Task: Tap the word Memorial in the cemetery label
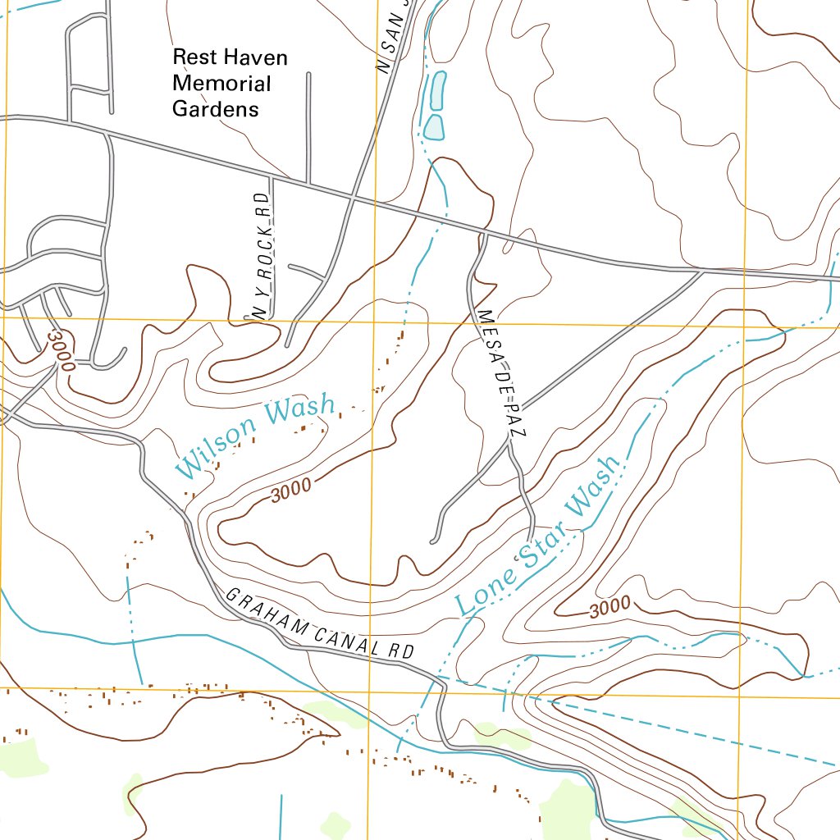pyautogui.click(x=221, y=83)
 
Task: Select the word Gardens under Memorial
pyautogui.click(x=215, y=108)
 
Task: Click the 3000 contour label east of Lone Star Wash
pyautogui.click(x=609, y=608)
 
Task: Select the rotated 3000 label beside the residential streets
pyautogui.click(x=61, y=349)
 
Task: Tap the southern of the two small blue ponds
pyautogui.click(x=433, y=127)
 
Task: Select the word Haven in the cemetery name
pyautogui.click(x=257, y=57)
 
